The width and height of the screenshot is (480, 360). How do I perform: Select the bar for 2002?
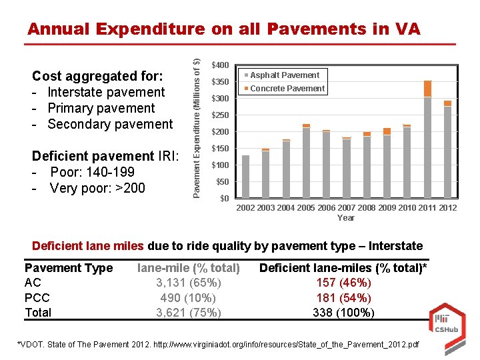tap(245, 177)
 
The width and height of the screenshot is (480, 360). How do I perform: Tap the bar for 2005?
tap(306, 161)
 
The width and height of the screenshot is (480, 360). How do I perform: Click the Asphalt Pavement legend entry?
tap(285, 75)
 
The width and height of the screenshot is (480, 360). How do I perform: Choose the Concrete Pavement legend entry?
tap(287, 89)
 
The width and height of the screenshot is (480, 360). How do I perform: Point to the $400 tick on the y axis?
tap(220, 65)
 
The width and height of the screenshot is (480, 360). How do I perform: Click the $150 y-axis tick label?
tap(220, 149)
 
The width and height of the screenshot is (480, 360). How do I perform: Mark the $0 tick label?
tap(224, 199)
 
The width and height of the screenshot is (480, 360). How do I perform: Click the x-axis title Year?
tap(346, 218)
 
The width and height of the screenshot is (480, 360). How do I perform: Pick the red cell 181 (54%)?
tap(343, 298)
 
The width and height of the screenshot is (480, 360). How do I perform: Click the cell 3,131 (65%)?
tap(188, 283)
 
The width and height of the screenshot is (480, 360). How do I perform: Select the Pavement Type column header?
tap(69, 268)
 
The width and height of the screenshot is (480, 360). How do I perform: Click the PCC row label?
tap(37, 298)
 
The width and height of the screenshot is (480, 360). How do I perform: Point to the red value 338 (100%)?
tap(343, 313)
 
